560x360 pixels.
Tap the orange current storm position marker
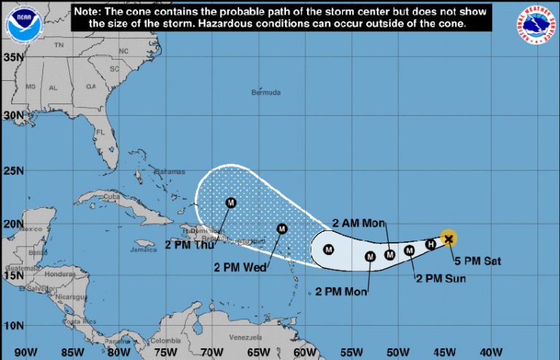click(449, 238)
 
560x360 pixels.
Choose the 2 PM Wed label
click(239, 267)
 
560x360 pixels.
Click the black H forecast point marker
click(430, 244)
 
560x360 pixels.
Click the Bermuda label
click(265, 93)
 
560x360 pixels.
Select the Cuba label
click(112, 197)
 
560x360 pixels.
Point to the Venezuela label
click(245, 338)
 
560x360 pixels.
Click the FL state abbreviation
click(101, 133)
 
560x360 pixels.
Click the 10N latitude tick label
click(11, 324)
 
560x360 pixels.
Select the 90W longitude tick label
click(26, 352)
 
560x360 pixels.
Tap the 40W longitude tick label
click(491, 352)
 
